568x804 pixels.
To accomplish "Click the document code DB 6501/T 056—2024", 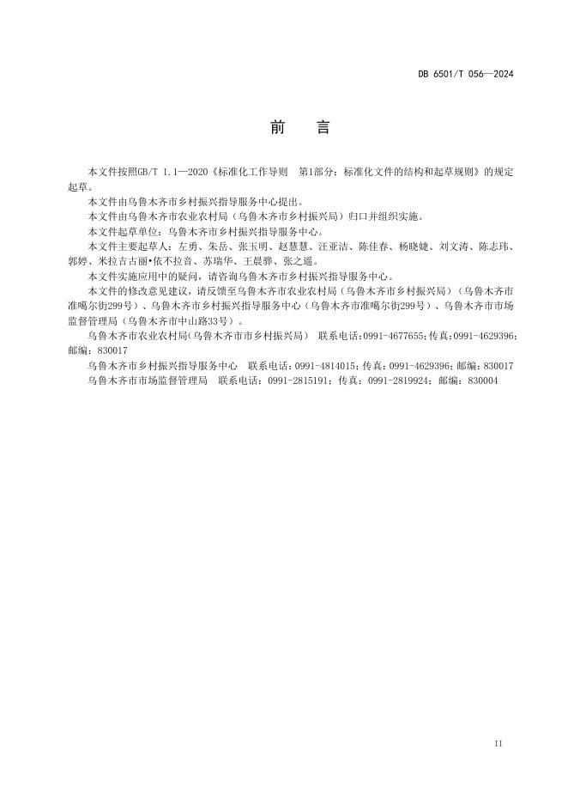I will [x=466, y=74].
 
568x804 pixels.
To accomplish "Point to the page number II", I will [x=499, y=742].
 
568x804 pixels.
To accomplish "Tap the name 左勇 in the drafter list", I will [x=187, y=247].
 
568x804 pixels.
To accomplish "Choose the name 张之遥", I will [x=298, y=261].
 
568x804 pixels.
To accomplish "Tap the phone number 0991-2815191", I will [x=299, y=379].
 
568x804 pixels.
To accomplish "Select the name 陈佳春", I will [x=374, y=247].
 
